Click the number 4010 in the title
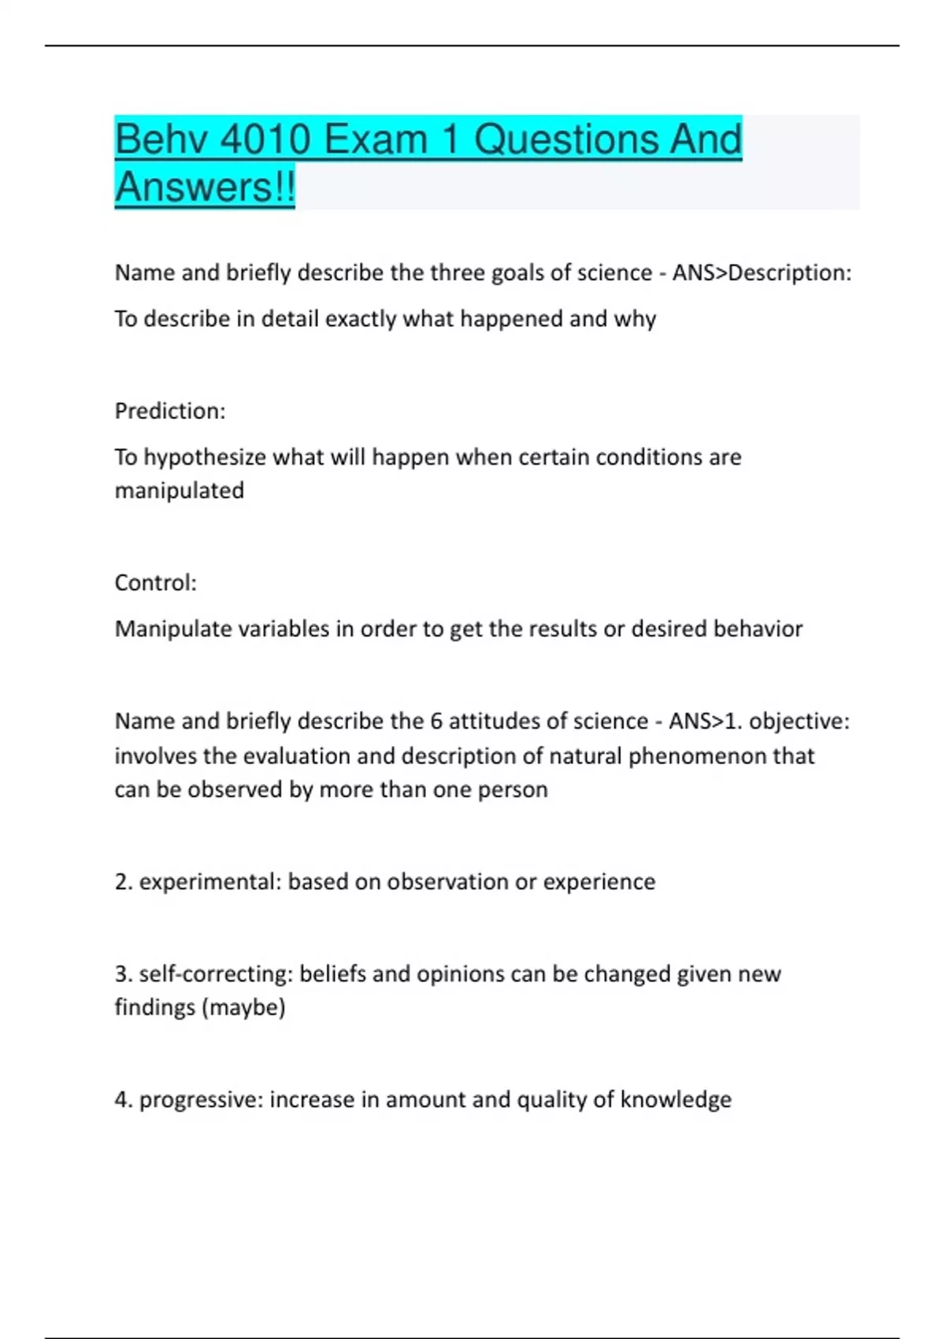265,140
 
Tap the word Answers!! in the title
205,187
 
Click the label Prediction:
170,411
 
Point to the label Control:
156,583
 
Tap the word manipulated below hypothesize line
180,491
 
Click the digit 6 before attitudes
436,721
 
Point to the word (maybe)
243,1007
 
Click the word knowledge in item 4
676,1100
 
